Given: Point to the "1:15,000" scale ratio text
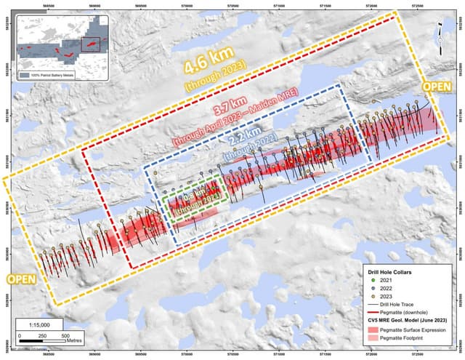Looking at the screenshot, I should point(42,324).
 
